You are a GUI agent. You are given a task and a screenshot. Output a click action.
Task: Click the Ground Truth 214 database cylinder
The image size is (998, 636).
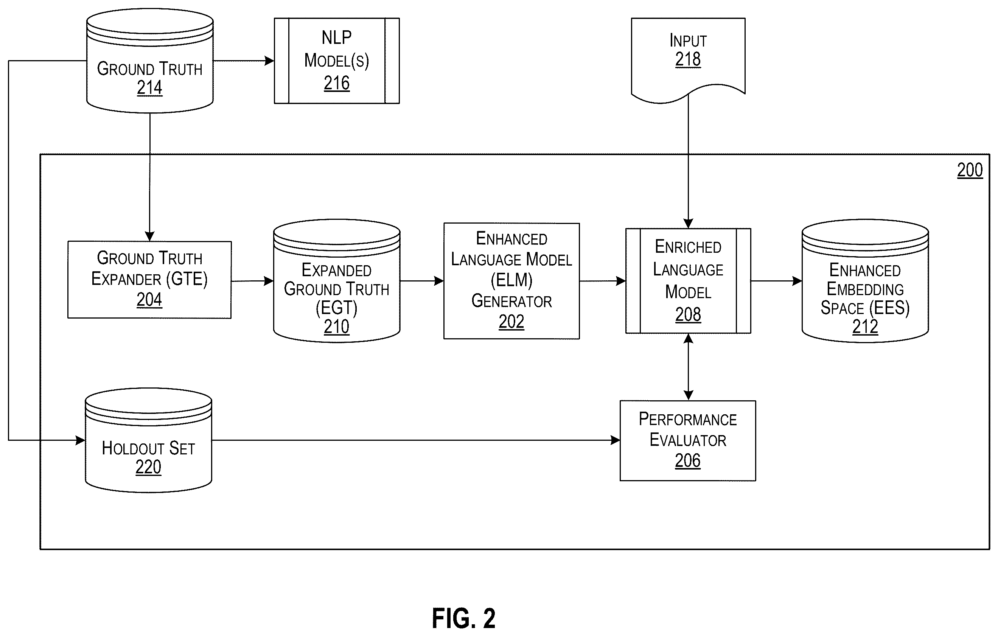[149, 61]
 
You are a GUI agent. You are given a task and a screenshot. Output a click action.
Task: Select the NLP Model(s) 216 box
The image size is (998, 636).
[337, 61]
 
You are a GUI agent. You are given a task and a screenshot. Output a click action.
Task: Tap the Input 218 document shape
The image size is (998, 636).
[688, 60]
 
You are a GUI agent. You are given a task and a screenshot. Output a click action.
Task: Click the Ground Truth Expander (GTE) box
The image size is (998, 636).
[149, 280]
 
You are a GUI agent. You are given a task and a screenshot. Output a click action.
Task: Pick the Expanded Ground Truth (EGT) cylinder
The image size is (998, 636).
[337, 281]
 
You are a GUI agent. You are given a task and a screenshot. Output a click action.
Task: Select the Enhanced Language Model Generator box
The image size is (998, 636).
[511, 281]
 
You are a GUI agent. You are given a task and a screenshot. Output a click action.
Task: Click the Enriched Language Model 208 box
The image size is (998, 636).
[688, 281]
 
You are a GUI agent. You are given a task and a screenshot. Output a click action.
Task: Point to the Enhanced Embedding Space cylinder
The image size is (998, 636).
[865, 281]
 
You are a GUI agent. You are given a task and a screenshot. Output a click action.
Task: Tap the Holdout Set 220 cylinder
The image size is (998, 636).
[148, 440]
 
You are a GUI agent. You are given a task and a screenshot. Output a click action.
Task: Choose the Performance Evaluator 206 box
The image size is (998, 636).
[687, 441]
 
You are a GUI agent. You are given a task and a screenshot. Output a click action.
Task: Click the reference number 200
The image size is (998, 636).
[969, 170]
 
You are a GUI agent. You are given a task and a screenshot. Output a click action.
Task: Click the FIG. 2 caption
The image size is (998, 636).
[463, 619]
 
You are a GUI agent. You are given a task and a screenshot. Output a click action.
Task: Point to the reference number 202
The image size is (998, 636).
[511, 322]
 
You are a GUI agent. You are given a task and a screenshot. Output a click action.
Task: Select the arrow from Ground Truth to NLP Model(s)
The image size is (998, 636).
[244, 61]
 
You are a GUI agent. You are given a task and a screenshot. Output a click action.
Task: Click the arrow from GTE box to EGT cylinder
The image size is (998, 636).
[252, 281]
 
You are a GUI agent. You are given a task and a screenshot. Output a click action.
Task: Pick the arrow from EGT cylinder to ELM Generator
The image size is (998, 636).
[422, 281]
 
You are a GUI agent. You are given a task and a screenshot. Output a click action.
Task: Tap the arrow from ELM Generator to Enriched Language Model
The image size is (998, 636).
[603, 281]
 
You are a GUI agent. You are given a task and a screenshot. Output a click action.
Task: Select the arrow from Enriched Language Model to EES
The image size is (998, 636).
[776, 281]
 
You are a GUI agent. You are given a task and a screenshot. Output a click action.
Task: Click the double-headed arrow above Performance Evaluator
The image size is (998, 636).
[688, 367]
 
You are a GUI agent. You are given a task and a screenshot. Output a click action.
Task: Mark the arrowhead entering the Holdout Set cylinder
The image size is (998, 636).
[81, 440]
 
